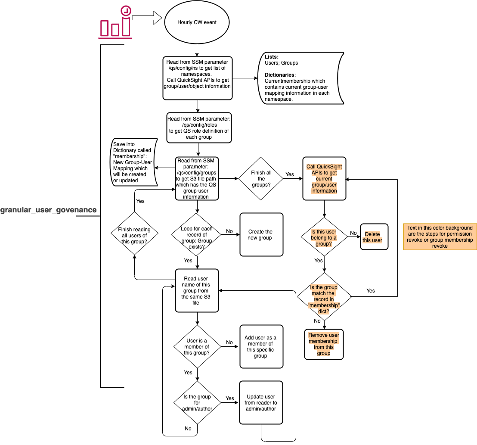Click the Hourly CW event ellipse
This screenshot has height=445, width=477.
(x=197, y=22)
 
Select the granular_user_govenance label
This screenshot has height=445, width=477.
(x=48, y=210)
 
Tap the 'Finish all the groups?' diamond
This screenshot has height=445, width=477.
(x=261, y=179)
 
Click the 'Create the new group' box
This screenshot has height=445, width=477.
(x=261, y=235)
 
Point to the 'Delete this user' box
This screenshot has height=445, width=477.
(x=374, y=237)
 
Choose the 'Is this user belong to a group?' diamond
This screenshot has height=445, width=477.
(x=324, y=238)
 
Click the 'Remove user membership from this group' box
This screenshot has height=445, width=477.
(x=324, y=344)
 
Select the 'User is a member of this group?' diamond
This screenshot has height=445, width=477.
(x=197, y=347)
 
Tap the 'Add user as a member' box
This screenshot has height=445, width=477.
(x=261, y=347)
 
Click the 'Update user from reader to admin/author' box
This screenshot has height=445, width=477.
(x=261, y=403)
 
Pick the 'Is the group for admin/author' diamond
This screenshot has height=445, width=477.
(x=197, y=403)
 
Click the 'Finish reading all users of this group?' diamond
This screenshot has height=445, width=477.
(x=135, y=233)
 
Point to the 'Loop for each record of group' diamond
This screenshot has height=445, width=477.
(x=196, y=235)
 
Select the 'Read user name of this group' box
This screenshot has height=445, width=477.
(x=197, y=291)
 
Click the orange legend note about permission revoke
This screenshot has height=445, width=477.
(x=440, y=237)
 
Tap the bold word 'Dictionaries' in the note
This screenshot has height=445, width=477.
(x=277, y=75)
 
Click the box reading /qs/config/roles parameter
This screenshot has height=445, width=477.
(x=199, y=128)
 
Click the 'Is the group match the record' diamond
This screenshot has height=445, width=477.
(x=324, y=296)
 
